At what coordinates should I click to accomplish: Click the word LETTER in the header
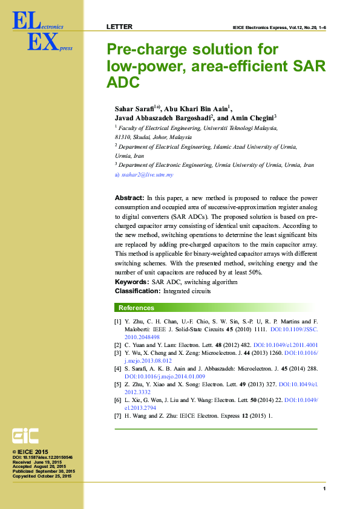point(119,27)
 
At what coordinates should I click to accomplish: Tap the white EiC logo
point(25,436)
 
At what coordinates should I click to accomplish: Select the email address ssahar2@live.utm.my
point(148,175)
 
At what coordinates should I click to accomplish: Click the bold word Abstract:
point(129,198)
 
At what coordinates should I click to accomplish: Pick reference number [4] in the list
point(117,368)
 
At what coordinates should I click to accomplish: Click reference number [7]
point(117,417)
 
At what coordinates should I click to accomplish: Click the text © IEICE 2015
point(30,452)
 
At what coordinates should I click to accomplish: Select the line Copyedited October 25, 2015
point(42,476)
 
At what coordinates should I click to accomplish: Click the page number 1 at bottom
point(324,488)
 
